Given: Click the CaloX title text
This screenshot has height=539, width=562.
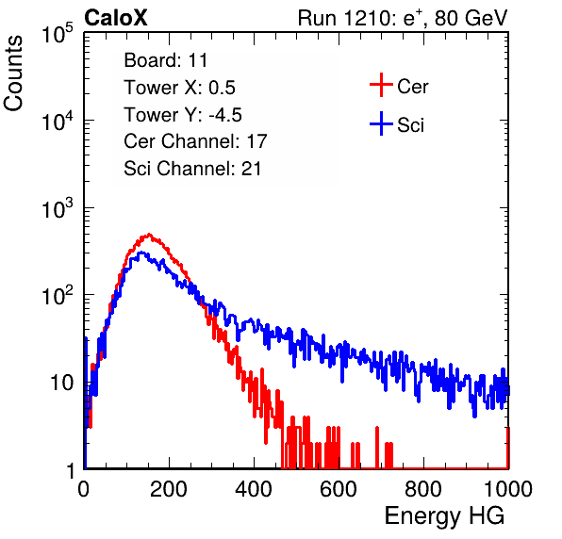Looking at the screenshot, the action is [116, 18].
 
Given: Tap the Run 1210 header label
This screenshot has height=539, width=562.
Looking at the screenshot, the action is [403, 18].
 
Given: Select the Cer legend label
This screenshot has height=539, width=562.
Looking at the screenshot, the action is [412, 87].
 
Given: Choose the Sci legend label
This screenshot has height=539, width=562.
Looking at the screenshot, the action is [410, 125].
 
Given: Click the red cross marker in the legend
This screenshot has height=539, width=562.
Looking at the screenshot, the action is [381, 85].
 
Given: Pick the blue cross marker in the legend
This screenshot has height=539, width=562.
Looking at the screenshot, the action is [381, 123].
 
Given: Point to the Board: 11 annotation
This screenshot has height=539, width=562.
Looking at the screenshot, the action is [166, 60].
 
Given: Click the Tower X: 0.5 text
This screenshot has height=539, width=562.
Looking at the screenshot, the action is [179, 88].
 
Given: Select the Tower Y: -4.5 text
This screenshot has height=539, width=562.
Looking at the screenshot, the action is [183, 115].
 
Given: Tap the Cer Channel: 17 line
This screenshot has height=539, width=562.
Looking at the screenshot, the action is [196, 141].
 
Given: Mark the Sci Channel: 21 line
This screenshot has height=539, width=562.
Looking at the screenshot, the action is [192, 169].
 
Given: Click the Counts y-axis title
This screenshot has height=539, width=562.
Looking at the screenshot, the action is [13, 73].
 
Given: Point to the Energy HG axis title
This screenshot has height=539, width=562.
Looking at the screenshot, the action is [444, 515].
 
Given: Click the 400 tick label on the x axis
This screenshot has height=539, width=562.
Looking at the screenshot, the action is [254, 489].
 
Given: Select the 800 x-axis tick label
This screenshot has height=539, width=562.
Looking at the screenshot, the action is [423, 489].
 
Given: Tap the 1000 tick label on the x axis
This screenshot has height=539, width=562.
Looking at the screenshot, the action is [508, 489].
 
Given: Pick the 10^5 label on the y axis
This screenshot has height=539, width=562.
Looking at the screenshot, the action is [58, 34].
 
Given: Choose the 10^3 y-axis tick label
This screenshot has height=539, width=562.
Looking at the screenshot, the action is [58, 208].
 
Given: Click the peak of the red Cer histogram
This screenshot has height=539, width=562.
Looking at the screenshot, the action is [149, 235].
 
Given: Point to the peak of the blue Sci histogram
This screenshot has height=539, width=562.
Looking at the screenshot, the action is [141, 253].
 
